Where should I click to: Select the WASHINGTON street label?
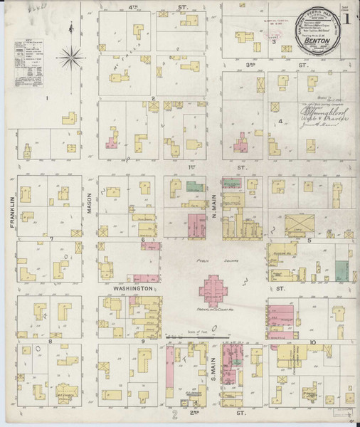(x=132, y=289)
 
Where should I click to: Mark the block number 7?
(x=52, y=238)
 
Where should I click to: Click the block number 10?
(x=312, y=342)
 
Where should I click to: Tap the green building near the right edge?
(x=343, y=269)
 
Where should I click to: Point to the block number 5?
(x=309, y=240)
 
